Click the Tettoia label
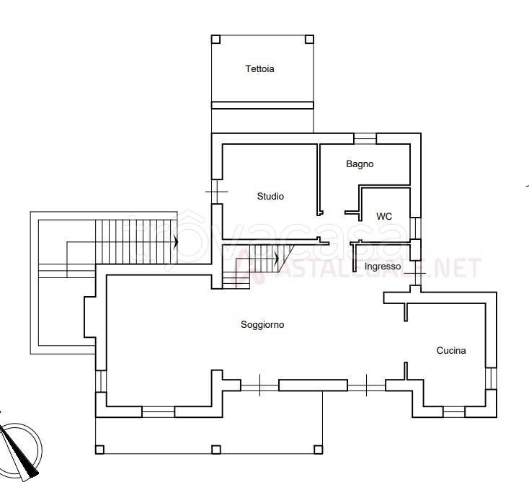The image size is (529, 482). click(x=259, y=69)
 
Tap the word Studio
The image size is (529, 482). click(x=270, y=196)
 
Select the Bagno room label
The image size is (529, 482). click(x=360, y=164)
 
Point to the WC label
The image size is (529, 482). click(x=384, y=216)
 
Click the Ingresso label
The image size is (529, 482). click(x=383, y=267)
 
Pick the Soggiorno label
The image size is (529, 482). click(x=262, y=324)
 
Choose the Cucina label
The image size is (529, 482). click(x=451, y=350)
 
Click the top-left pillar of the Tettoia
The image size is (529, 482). click(x=216, y=40)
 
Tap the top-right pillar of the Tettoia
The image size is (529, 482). click(x=309, y=40)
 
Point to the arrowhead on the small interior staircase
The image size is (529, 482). click(x=277, y=259)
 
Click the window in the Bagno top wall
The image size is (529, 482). click(x=365, y=138)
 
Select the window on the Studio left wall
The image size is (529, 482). click(x=217, y=192)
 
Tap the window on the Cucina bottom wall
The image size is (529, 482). click(x=454, y=412)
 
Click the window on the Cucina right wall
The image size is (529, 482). click(x=492, y=378)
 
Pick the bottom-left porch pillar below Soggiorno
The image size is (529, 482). click(x=99, y=450)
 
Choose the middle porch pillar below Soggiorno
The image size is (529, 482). click(x=216, y=450)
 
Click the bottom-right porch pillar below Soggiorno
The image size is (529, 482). click(x=318, y=450)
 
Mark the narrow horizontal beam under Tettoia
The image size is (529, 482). click(x=262, y=105)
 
